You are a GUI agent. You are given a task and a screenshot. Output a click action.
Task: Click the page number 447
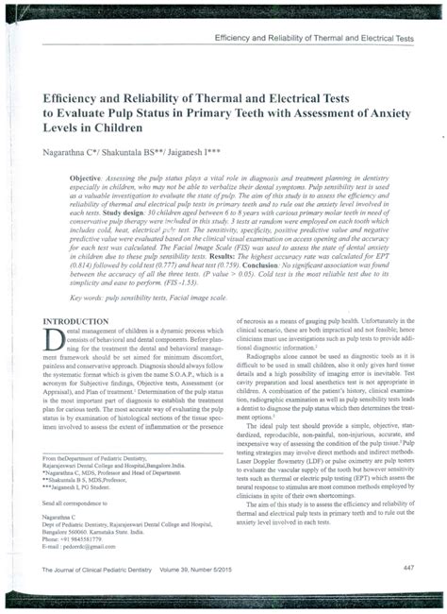[x=407, y=567]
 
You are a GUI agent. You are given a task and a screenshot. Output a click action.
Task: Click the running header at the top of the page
[x=314, y=39]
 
